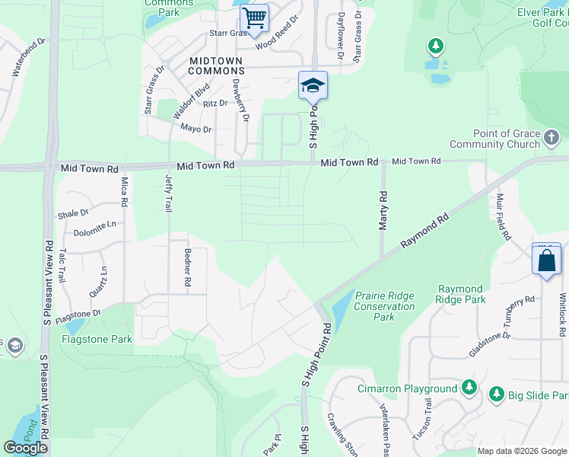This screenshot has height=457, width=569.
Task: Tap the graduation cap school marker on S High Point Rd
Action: click(313, 85)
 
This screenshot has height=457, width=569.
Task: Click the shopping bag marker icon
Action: click(547, 260)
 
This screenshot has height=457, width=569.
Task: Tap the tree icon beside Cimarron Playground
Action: click(470, 388)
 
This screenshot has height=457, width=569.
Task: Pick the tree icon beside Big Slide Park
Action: click(496, 395)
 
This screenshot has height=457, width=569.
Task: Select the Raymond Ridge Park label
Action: click(461, 294)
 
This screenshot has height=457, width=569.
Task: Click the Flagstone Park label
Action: click(98, 338)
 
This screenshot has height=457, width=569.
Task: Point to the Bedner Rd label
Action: click(187, 267)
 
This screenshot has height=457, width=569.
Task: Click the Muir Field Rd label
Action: click(503, 217)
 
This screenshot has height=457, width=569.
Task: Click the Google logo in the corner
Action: click(26, 448)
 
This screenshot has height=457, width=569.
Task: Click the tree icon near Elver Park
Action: click(436, 47)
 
